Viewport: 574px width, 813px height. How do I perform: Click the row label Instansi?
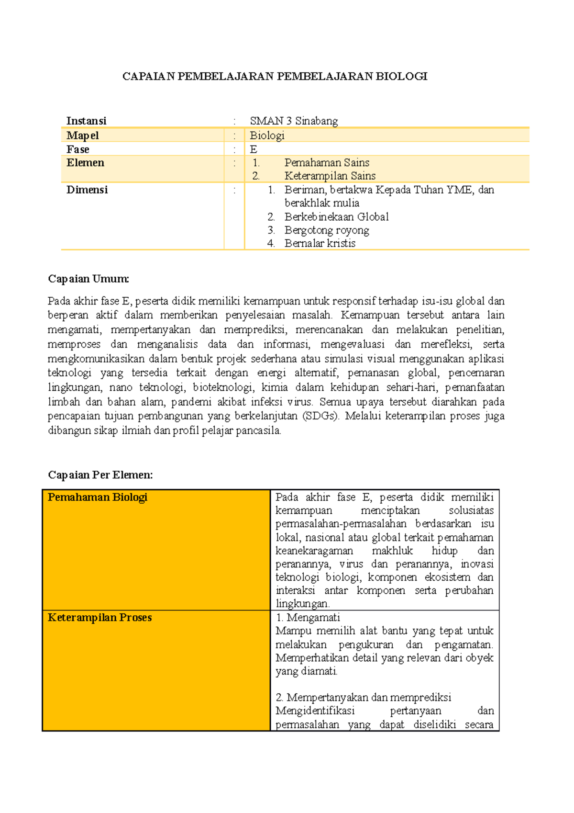[x=87, y=121]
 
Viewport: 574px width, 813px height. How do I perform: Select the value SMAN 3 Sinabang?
[x=294, y=121]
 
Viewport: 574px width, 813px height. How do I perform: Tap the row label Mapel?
[x=83, y=135]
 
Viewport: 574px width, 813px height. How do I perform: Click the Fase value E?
[x=254, y=149]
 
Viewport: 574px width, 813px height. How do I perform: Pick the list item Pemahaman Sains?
[x=327, y=163]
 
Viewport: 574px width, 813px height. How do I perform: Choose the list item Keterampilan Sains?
[x=330, y=176]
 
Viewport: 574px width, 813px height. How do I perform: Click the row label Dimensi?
[x=87, y=190]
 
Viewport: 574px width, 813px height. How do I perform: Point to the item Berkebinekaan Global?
[x=336, y=217]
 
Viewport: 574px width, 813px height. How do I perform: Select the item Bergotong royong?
[x=327, y=230]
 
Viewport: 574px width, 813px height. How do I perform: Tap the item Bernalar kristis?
[x=320, y=243]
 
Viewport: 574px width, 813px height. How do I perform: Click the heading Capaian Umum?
[x=88, y=279]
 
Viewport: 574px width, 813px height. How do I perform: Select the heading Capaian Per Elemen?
[x=100, y=475]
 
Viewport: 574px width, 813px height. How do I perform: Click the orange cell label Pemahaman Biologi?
[x=98, y=497]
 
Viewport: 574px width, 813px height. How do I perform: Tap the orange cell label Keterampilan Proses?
[x=100, y=618]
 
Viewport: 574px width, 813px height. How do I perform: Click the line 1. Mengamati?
[x=308, y=618]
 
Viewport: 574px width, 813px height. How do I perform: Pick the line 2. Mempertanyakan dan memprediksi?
[x=364, y=698]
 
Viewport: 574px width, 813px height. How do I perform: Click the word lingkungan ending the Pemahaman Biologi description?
[x=302, y=604]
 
